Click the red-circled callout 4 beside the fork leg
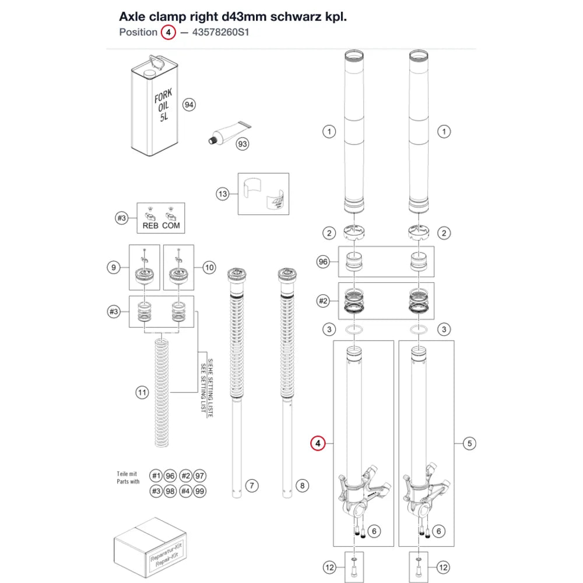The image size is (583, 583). (x=318, y=443)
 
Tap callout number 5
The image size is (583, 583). (x=469, y=443)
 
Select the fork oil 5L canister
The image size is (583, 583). (x=154, y=106)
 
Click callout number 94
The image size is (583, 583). (x=189, y=105)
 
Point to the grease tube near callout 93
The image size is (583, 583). (x=229, y=133)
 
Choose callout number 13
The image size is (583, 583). (x=223, y=194)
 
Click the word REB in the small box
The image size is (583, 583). (x=150, y=226)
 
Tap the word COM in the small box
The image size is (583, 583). (x=171, y=226)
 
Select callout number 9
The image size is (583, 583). (x=114, y=268)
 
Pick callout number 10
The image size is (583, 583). (x=209, y=268)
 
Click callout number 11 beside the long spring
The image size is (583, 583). (x=142, y=392)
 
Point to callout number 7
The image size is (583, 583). (x=252, y=486)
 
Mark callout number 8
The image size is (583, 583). (x=302, y=486)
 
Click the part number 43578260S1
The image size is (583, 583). (x=220, y=32)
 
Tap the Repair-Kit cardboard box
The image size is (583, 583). (x=150, y=548)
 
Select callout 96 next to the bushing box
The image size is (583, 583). (x=323, y=262)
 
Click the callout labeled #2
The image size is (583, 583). (x=323, y=300)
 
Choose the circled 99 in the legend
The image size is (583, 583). (x=199, y=491)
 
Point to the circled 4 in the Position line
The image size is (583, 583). (x=168, y=32)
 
